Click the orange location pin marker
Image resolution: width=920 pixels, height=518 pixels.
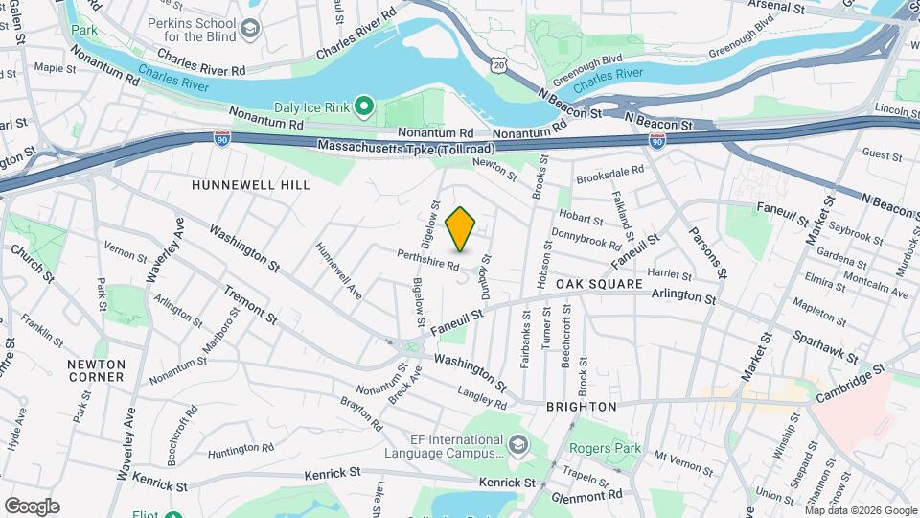pos(461,228)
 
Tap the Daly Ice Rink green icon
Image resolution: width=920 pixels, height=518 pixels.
pos(364,105)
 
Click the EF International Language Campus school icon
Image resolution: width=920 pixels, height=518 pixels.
pos(518,444)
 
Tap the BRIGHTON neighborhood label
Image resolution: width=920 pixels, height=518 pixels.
pos(581,407)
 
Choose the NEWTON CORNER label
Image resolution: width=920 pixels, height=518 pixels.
pos(96,370)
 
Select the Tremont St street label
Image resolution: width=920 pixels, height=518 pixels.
pos(251,304)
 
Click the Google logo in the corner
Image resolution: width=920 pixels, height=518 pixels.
pos(32,506)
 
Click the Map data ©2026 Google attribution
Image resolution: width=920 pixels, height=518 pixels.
pos(859,510)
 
